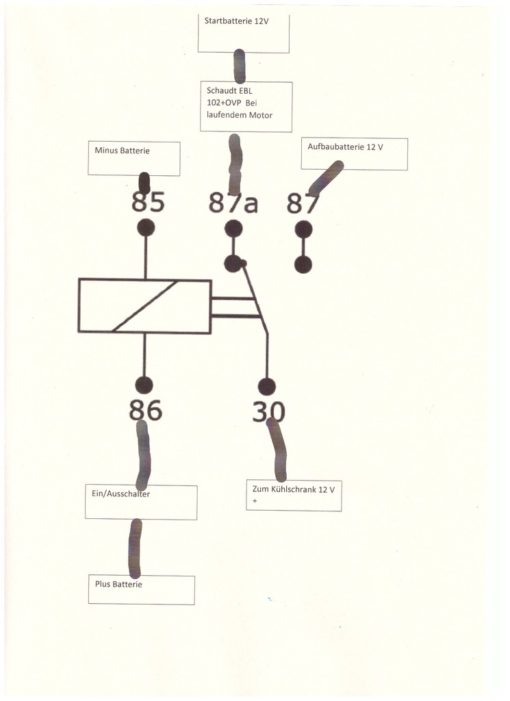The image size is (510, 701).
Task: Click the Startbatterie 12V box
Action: coord(244,34)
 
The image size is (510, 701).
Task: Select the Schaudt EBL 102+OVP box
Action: coord(246,107)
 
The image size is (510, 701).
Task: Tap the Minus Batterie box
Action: coord(134,159)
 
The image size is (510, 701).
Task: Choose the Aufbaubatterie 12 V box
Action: coord(355,154)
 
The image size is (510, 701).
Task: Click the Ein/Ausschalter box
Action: coord(141,502)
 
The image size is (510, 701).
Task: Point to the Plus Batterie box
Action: coord(142,590)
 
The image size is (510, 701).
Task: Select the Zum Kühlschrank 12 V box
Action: coord(294,496)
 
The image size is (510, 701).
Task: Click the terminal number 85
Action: coord(148,202)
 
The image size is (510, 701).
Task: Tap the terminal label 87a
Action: coord(233,203)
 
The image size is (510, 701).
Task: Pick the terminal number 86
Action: coord(146,410)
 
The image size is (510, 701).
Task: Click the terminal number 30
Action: coord(268,411)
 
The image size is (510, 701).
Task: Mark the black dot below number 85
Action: coord(146,227)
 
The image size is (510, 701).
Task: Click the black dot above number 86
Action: coord(144,385)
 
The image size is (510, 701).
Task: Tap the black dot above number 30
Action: coord(267,387)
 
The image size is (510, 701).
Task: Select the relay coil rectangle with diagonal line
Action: coord(145,306)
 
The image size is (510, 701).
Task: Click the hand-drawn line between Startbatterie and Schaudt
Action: coord(240,66)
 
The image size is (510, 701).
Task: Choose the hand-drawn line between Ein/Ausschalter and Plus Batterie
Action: coord(135,548)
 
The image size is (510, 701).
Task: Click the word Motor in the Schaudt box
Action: coord(261,115)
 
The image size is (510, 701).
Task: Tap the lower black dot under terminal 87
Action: coord(303,264)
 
